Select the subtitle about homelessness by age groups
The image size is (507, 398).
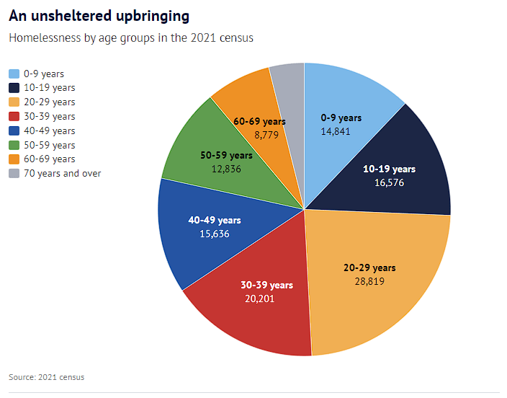tap(131, 37)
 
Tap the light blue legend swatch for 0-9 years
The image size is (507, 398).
tap(14, 74)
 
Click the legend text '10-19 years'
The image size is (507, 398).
tap(49, 88)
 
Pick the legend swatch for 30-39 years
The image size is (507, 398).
tap(14, 116)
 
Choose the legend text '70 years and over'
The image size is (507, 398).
tap(62, 173)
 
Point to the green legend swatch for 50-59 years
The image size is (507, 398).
tap(14, 145)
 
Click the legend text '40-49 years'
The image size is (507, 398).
tap(49, 131)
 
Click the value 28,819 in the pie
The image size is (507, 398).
tap(369, 280)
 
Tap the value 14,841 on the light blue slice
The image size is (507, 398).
tap(341, 131)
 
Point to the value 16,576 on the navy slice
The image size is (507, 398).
tap(389, 182)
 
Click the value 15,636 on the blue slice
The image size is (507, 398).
tap(215, 234)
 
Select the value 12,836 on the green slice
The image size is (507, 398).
tap(225, 169)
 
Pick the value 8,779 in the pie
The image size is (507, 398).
tap(259, 135)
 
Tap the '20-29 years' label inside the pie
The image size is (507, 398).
tap(369, 267)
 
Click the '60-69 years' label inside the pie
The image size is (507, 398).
tap(259, 122)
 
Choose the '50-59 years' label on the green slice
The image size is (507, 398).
tap(225, 155)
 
